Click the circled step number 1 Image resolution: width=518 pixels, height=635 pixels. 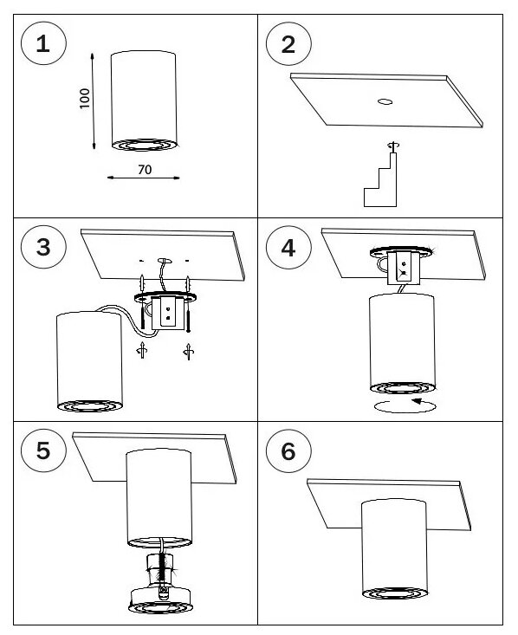coord(43,43)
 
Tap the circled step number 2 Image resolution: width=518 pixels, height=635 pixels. coord(288,43)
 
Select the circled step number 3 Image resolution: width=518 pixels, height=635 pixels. coord(43,247)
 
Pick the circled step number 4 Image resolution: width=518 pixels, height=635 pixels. coord(288,248)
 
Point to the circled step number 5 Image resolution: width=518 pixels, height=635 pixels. coord(43,450)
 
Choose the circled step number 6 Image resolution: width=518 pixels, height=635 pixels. coord(288,450)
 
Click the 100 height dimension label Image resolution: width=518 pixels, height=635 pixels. coord(84,98)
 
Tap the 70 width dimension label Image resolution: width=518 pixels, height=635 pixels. coord(145,169)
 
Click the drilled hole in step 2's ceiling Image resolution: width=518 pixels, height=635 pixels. coord(385,101)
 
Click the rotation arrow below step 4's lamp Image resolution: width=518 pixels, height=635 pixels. coord(405,405)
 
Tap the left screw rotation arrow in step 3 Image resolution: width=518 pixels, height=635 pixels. coord(142,350)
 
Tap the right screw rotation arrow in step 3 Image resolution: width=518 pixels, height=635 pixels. coord(188,351)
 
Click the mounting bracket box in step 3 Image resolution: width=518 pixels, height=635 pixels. coord(168,312)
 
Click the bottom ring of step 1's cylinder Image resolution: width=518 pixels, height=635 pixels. coord(144,145)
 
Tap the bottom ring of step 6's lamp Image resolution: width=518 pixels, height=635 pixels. coord(394,593)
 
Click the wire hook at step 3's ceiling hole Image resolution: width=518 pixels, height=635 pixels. coord(165,261)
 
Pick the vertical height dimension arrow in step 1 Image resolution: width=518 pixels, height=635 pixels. coord(93,100)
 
